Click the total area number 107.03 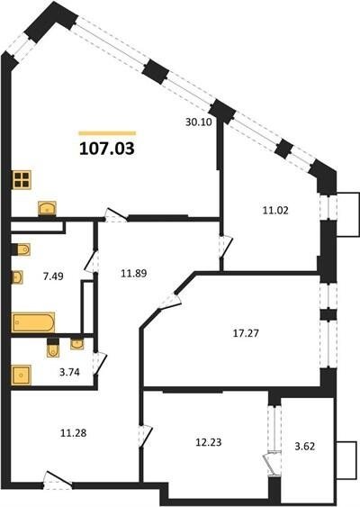(106, 149)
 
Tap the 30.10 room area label (198, 122)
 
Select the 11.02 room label (275, 211)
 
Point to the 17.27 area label (246, 332)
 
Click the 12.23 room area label (209, 442)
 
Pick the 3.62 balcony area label (305, 446)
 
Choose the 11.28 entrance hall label (74, 432)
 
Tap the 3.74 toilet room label (69, 372)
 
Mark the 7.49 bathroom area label (53, 276)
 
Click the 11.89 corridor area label (134, 273)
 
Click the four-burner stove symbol (22, 180)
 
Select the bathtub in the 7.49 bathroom (33, 322)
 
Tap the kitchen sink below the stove (47, 209)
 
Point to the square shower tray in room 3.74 (22, 376)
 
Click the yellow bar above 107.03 (107, 133)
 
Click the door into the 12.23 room (145, 436)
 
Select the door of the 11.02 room (226, 247)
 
